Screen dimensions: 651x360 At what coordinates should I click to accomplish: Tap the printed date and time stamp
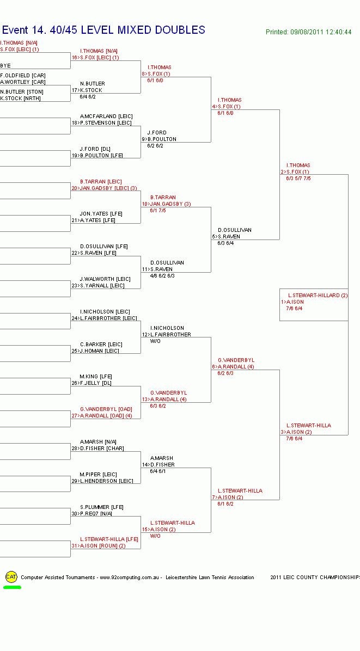point(308,32)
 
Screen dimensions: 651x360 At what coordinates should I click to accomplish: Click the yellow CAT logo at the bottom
point(11,577)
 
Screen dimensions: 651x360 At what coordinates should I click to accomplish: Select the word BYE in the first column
point(6,65)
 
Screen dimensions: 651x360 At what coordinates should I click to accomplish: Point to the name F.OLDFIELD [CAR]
point(23,76)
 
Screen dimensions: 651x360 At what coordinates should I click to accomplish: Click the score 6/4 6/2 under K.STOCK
point(87,97)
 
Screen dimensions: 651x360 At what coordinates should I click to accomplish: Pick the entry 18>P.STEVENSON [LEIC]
point(102,123)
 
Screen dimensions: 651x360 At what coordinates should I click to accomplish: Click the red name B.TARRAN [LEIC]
point(101,182)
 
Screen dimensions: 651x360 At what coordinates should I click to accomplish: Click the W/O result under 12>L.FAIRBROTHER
point(155,341)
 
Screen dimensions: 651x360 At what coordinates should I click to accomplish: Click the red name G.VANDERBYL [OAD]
point(106,409)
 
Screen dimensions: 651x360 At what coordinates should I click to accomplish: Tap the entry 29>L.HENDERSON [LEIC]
point(102,481)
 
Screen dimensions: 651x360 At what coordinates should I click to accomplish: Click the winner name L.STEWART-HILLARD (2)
point(318,296)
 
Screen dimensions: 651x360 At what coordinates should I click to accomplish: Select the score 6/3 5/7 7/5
point(298,179)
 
